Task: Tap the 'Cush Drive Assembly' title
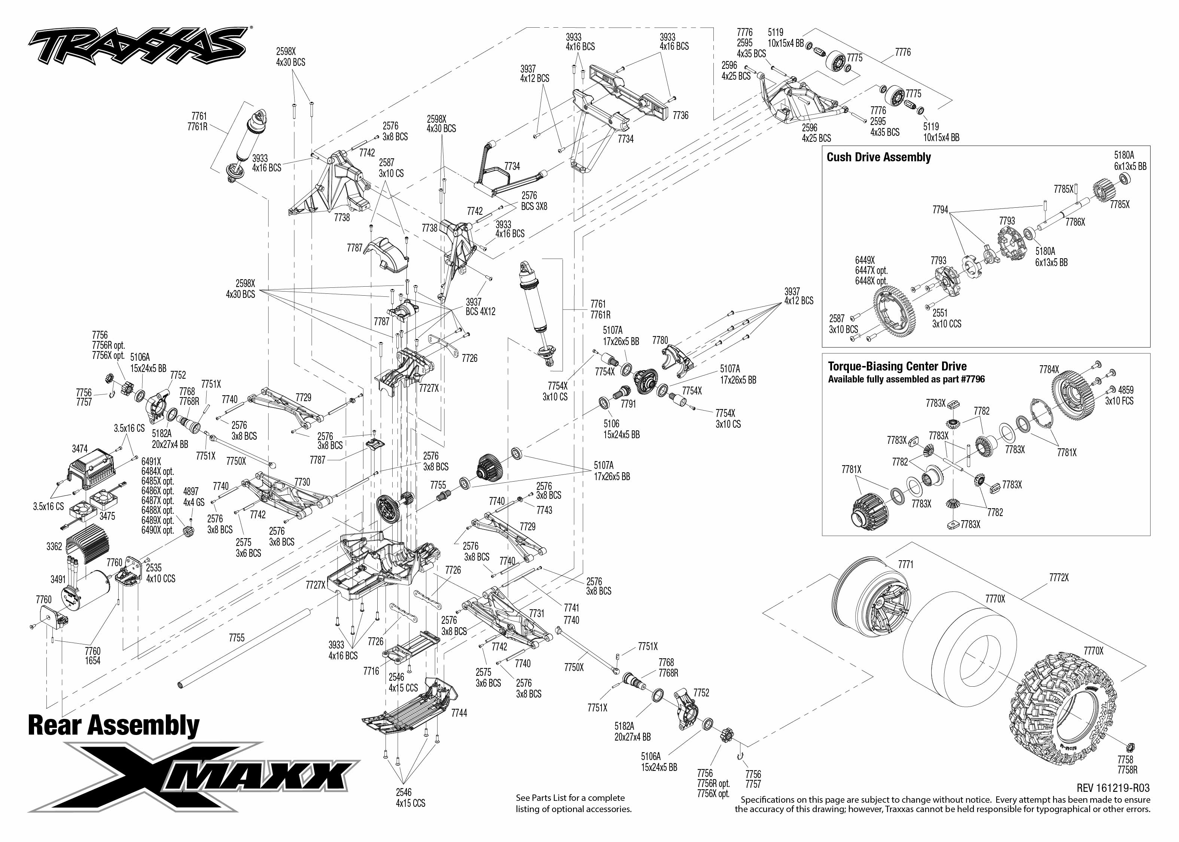coord(879,158)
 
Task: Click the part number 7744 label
coord(459,713)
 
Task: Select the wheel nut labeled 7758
coord(1132,748)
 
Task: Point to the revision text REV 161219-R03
coord(1113,788)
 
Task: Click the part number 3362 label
coord(54,546)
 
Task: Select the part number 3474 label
coord(80,449)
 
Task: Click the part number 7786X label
coord(1075,222)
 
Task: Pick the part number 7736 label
coord(680,116)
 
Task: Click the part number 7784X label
coord(1049,370)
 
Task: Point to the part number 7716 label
coord(371,671)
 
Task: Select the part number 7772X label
coord(1059,577)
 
